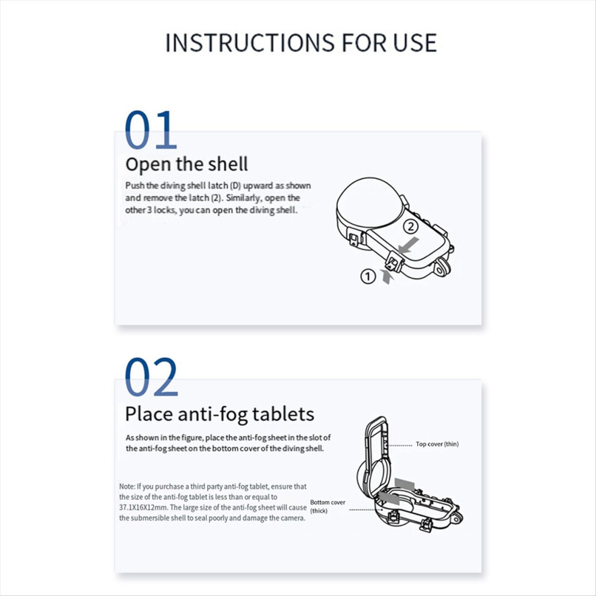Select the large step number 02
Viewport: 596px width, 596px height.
pos(151,377)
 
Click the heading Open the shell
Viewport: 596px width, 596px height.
pos(187,164)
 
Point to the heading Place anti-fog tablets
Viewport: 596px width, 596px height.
pos(220,414)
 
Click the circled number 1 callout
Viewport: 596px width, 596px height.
pos(368,276)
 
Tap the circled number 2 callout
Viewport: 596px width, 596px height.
pos(411,226)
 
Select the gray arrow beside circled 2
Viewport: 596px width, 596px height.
pos(408,245)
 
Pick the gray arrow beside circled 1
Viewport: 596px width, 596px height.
pos(387,276)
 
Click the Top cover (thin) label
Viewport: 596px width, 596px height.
pos(437,444)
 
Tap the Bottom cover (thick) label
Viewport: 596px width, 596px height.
pos(327,506)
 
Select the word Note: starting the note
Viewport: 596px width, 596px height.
pos(127,486)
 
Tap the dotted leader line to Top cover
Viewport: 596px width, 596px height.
pos(400,445)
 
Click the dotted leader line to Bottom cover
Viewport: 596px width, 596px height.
pos(365,510)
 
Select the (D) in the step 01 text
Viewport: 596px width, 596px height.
pos(235,185)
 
